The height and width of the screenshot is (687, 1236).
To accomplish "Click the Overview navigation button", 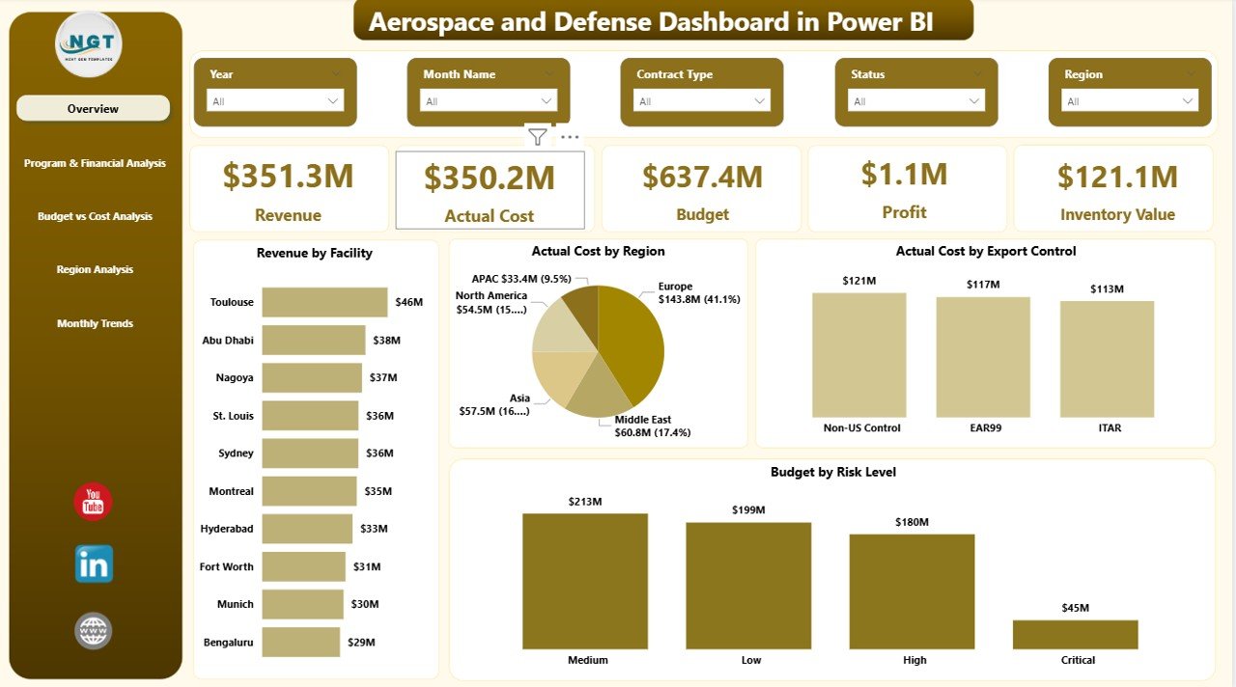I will (x=93, y=109).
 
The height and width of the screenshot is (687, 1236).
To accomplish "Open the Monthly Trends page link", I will (x=95, y=323).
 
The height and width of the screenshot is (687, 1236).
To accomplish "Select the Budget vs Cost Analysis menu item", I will (x=95, y=216).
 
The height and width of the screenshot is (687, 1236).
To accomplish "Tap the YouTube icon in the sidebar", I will (x=94, y=502).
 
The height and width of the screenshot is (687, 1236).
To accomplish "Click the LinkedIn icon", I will (x=94, y=564).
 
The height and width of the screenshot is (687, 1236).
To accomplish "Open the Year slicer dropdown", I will (x=275, y=101).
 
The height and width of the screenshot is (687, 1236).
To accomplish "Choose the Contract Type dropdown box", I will (x=702, y=101).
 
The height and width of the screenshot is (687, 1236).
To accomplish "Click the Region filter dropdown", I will (x=1130, y=101).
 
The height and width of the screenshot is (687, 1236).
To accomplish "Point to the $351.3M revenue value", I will (x=288, y=177).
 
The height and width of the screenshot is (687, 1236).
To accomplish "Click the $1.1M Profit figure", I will (x=904, y=175).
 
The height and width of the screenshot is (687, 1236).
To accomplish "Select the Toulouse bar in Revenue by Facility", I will (x=324, y=302).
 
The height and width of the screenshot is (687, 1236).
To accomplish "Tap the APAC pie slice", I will (x=581, y=304).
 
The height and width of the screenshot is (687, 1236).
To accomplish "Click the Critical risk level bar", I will (x=1075, y=634).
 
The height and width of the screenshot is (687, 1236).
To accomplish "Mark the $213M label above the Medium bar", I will (x=585, y=502).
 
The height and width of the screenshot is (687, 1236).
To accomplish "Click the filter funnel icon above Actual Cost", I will (x=538, y=137).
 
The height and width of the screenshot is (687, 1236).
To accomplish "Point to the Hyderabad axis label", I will (x=227, y=529).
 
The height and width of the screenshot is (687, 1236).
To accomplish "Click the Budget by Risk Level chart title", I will (x=832, y=472).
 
